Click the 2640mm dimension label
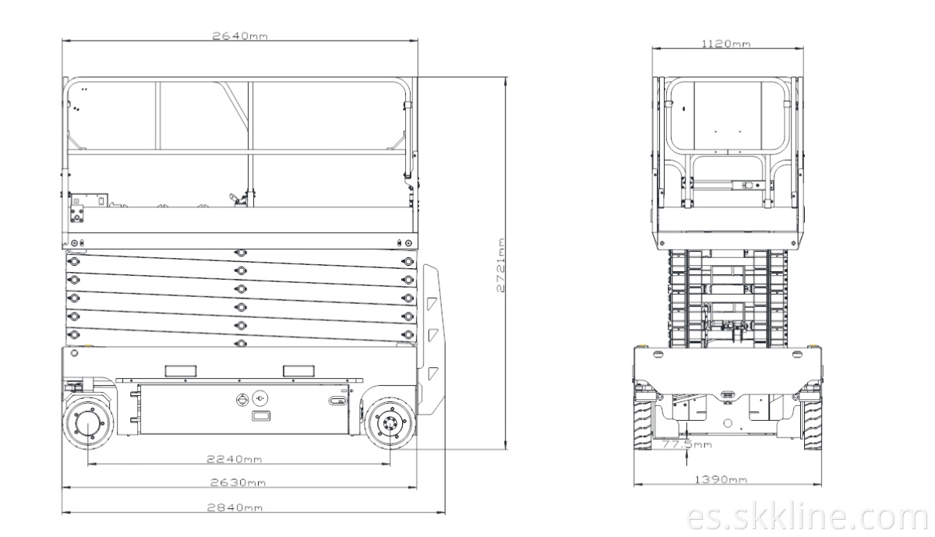[240, 36]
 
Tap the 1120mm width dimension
[726, 44]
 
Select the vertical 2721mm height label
[500, 265]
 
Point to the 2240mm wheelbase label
[235, 459]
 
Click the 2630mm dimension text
[238, 482]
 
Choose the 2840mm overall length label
[235, 507]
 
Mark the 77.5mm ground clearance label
[687, 444]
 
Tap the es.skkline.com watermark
[806, 518]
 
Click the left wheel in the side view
[88, 423]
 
